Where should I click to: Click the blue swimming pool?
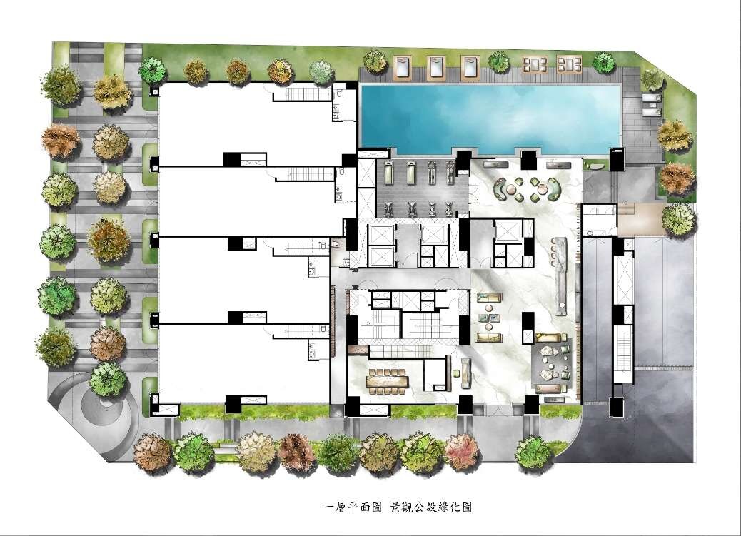point(490,116)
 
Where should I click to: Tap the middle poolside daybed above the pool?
point(435,67)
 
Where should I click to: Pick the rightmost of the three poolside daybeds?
point(470,67)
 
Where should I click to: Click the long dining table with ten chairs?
point(388,380)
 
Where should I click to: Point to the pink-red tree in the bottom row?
point(462,451)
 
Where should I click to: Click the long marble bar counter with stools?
point(561,275)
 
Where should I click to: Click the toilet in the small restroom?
point(335,244)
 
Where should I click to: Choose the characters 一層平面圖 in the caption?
point(353,507)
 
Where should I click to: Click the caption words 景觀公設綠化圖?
point(430,507)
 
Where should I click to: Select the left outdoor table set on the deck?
point(535,64)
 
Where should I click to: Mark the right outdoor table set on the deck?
point(570,64)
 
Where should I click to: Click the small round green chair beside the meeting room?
point(457,373)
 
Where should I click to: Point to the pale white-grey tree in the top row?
point(322,72)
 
